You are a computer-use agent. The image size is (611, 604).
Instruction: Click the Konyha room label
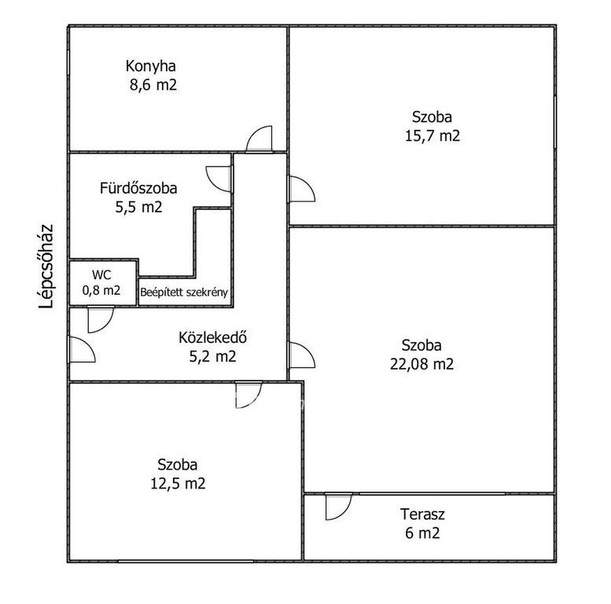pyautogui.click(x=150, y=66)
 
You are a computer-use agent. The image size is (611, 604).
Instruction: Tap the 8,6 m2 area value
pyautogui.click(x=153, y=85)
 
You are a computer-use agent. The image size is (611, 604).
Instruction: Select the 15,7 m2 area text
pyautogui.click(x=432, y=135)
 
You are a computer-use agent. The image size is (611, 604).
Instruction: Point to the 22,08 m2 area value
pyautogui.click(x=422, y=364)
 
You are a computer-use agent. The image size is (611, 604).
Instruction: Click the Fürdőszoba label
pyautogui.click(x=138, y=188)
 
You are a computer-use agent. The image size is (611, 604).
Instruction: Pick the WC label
pyautogui.click(x=101, y=274)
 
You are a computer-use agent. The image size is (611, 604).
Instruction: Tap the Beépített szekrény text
pyautogui.click(x=184, y=293)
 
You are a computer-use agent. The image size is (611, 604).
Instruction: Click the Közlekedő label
pyautogui.click(x=213, y=337)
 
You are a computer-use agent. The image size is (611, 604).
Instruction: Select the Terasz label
pyautogui.click(x=422, y=514)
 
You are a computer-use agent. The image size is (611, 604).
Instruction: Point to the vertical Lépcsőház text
pyautogui.click(x=46, y=267)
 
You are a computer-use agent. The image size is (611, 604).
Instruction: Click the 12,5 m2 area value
pyautogui.click(x=178, y=483)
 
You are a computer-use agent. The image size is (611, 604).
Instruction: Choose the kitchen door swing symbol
pyautogui.click(x=259, y=138)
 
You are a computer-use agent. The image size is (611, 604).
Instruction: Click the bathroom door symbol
pyautogui.click(x=219, y=179)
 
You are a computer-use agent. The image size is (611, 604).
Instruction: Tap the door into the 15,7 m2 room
pyautogui.click(x=301, y=189)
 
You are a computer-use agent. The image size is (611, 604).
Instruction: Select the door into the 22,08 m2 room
pyautogui.click(x=301, y=355)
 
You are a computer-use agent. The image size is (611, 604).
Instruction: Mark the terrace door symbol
pyautogui.click(x=339, y=506)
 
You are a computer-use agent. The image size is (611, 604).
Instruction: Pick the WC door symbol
pyautogui.click(x=101, y=320)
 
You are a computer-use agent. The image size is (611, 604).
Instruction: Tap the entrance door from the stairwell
pyautogui.click(x=82, y=349)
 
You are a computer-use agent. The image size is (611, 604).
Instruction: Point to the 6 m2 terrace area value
pyautogui.click(x=422, y=532)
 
